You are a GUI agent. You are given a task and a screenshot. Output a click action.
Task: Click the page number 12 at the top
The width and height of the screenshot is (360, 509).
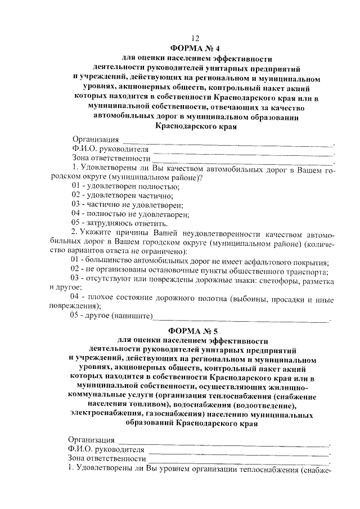click(x=195, y=38)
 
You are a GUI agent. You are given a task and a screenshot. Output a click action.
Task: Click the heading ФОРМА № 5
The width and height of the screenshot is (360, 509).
click(x=194, y=330)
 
